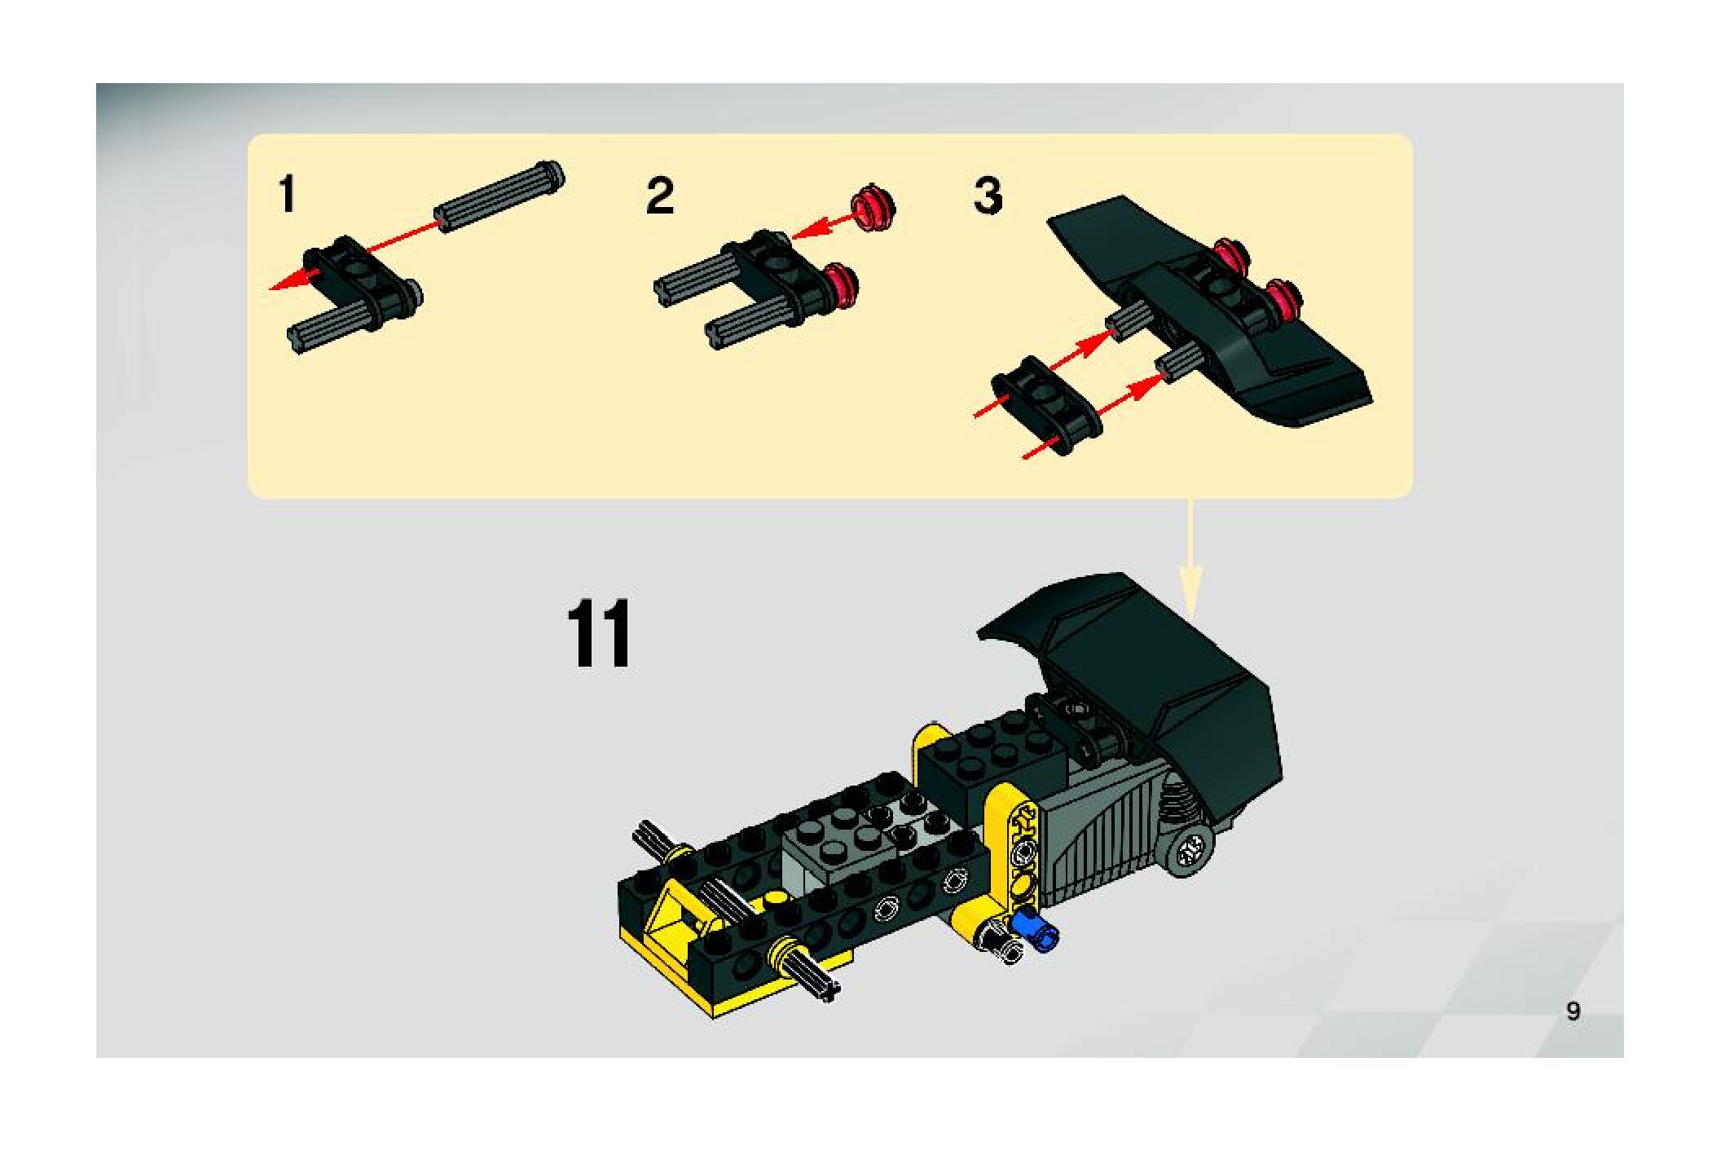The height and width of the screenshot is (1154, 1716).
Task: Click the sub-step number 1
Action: click(x=287, y=196)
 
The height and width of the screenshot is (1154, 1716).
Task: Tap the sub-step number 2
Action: click(x=660, y=196)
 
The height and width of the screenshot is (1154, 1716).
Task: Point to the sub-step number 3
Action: click(x=988, y=196)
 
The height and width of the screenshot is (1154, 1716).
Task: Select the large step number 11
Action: click(x=599, y=633)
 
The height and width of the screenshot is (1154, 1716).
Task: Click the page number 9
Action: click(x=1573, y=1011)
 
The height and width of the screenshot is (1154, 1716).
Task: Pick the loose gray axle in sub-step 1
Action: click(x=501, y=196)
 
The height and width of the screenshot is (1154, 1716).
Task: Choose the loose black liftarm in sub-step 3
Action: click(x=1045, y=404)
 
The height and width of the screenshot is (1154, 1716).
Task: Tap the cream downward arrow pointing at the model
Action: click(x=1190, y=553)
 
